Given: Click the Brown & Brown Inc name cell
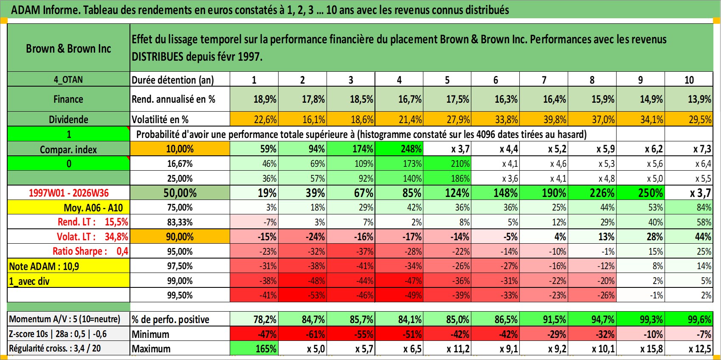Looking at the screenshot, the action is pos(68,48).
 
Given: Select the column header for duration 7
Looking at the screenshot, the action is pos(544,79).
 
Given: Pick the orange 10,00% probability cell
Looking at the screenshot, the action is pos(180,149).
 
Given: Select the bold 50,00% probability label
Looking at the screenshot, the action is pos(180,193).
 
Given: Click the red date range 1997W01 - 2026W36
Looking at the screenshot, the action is pos(68,193).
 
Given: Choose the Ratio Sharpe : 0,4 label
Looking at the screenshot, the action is pos(90,251).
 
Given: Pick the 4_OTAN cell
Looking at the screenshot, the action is pos(68,79).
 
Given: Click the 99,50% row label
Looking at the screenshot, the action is pos(180,295).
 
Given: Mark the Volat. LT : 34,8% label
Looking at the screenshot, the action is pos(93,237).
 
